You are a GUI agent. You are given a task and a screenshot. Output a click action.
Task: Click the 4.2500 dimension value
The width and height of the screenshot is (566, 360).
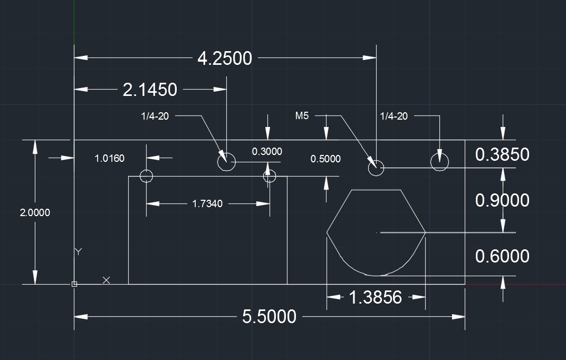tap(224, 58)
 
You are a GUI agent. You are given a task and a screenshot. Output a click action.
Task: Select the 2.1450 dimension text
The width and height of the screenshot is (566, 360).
tap(150, 90)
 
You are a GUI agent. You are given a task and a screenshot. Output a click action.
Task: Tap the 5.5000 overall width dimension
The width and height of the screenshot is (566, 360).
tap(269, 317)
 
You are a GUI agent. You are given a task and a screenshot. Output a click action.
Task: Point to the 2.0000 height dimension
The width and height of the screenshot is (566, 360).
tap(35, 213)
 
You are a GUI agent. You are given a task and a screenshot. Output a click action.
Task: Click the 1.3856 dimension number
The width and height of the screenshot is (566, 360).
tap(375, 298)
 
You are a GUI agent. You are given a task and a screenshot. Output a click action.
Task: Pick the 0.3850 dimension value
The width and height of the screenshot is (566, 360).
tap(502, 154)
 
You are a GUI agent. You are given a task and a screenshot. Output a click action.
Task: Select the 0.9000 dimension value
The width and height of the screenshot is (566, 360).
tap(502, 200)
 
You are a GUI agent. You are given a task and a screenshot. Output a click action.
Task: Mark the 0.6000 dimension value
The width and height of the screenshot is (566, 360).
tap(502, 256)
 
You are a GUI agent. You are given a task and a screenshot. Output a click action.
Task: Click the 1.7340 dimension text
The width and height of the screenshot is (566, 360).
tap(208, 203)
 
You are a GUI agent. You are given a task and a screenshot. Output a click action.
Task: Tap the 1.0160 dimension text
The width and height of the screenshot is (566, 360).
tap(110, 158)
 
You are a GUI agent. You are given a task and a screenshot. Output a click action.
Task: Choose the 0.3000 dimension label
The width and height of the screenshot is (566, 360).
tap(267, 152)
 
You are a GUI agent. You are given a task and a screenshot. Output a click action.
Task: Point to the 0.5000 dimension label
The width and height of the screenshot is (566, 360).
tap(325, 159)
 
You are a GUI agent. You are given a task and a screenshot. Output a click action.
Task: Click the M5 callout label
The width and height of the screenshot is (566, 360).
tap(302, 116)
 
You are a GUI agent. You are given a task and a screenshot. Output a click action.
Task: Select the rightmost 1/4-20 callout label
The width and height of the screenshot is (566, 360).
tap(394, 116)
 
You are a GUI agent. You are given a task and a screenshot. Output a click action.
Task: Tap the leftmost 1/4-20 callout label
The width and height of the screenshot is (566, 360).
tap(155, 116)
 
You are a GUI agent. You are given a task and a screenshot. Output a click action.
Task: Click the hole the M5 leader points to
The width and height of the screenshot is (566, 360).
tap(376, 168)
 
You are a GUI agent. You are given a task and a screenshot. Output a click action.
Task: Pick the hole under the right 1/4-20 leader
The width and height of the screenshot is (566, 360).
tap(439, 162)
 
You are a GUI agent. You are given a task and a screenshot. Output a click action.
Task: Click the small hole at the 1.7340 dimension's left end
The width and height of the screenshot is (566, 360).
tap(146, 176)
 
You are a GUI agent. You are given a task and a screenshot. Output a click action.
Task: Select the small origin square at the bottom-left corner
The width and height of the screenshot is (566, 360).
tap(74, 284)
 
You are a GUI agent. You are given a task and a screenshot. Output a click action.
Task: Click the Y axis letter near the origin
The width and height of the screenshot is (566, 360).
tap(78, 251)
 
